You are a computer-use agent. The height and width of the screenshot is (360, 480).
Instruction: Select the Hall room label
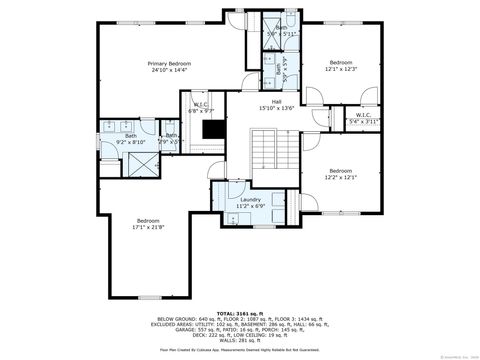click(x=262, y=101)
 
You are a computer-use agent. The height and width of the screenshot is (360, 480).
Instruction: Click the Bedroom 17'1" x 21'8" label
click(x=149, y=223)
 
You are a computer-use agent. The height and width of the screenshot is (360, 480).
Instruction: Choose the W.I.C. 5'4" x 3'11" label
click(x=364, y=117)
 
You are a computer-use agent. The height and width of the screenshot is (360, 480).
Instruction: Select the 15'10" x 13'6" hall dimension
click(x=262, y=108)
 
